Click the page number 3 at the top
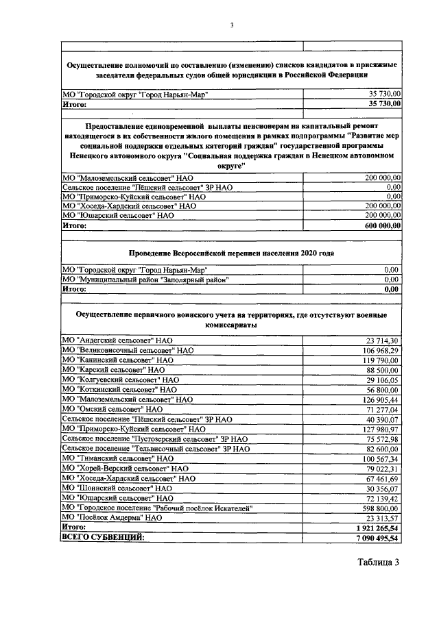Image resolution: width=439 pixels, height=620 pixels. click(x=232, y=25)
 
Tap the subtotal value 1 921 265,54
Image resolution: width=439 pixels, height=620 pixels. click(x=377, y=528)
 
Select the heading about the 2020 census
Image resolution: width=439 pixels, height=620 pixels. click(x=232, y=253)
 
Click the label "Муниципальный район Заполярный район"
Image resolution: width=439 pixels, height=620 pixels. click(x=145, y=280)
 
